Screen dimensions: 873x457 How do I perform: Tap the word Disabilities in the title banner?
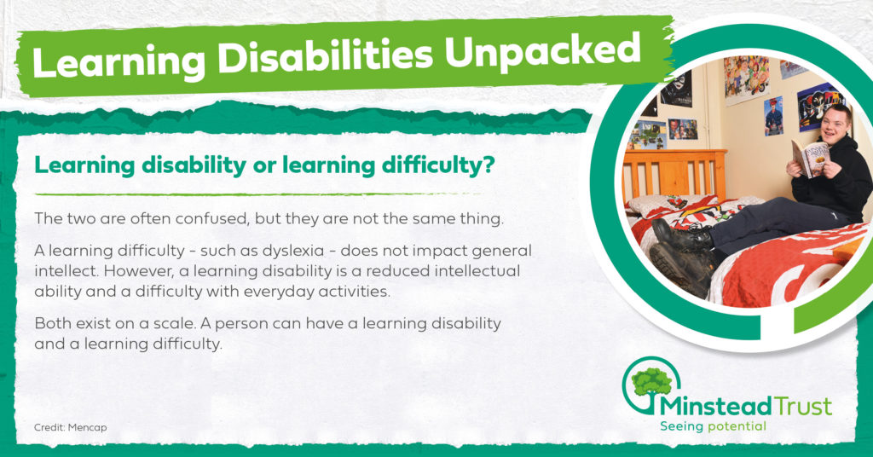click(x=325, y=56)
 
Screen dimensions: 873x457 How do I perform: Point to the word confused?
click(x=211, y=219)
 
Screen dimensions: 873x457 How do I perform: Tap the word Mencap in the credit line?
click(x=88, y=427)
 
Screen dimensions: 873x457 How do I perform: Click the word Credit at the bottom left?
click(x=49, y=427)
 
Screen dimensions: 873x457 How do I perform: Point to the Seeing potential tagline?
click(x=714, y=427)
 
